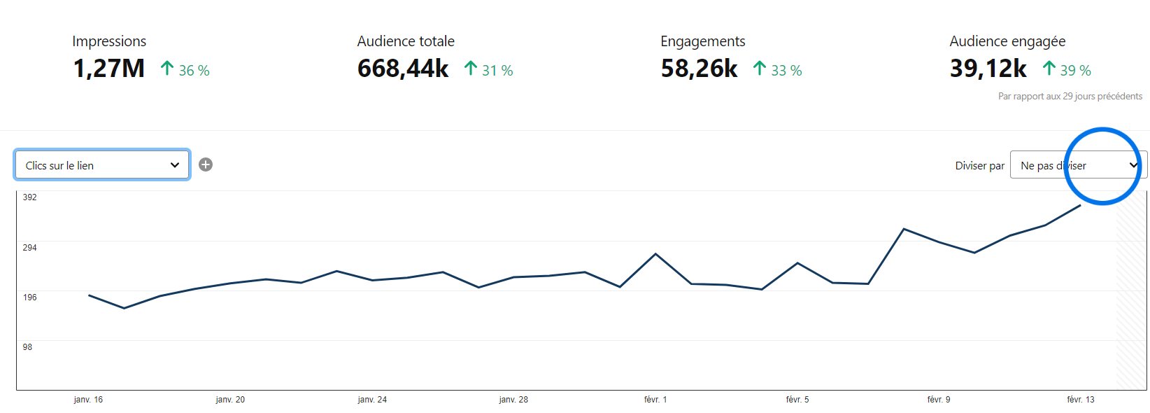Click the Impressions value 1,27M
coord(109,69)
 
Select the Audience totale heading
coord(406,41)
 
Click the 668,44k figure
coord(403,69)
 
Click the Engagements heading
coord(703,41)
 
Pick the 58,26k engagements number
coord(700,69)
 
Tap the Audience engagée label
coord(1007,41)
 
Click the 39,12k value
coord(988,69)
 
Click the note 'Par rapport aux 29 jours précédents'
coord(1070,96)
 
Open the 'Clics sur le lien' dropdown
coord(103,165)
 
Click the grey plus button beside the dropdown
coord(206,164)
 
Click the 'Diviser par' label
coord(979,165)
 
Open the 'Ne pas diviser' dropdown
coord(1078,164)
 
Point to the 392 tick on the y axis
coord(30,197)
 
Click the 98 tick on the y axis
coord(27,347)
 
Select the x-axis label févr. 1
coord(655,399)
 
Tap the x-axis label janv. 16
coord(88,399)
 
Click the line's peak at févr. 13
coord(1080,206)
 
